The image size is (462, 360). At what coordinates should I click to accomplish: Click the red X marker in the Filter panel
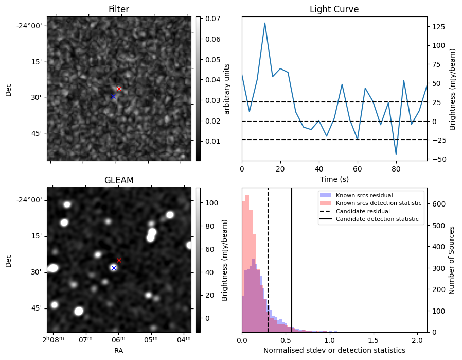point(119,89)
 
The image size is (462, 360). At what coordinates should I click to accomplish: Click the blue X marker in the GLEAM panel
point(114,268)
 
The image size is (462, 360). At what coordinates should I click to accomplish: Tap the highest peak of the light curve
point(265,23)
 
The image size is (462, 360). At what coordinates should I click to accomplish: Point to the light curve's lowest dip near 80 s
point(396,154)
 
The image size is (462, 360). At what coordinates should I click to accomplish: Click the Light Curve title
point(334,9)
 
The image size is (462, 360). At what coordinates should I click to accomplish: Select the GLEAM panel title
point(119,180)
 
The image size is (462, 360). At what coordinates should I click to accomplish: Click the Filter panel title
point(119,9)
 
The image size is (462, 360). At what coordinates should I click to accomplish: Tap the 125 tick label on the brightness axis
point(439,27)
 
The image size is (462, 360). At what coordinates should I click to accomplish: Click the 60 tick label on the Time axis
point(358,169)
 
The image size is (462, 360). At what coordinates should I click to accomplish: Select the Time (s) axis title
point(334,179)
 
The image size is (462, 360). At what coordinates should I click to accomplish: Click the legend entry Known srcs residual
point(364,195)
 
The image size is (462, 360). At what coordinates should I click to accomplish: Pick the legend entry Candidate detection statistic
point(377,219)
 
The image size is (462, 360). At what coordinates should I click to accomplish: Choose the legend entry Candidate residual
point(363,211)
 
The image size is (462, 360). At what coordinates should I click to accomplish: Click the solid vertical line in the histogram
point(292,260)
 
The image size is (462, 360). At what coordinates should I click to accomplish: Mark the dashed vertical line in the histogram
point(268,260)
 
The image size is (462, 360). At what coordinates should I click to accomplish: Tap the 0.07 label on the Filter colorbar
point(212,19)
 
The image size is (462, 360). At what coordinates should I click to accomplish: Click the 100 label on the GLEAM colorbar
point(211,203)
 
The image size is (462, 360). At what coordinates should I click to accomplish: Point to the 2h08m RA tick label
point(53,339)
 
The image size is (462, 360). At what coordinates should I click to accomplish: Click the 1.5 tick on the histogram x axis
point(374,340)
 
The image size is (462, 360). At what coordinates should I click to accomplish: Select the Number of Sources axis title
point(451,260)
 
